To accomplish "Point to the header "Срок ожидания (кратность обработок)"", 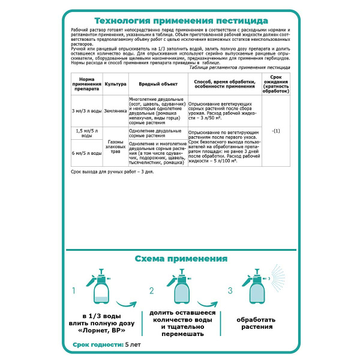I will coord(276,85).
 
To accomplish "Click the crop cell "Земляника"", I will coord(115,111).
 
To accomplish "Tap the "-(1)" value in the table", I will coord(276,130).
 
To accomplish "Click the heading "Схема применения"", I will coord(180,259).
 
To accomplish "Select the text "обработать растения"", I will coord(256,323).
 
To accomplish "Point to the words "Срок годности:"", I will coord(98,346).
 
